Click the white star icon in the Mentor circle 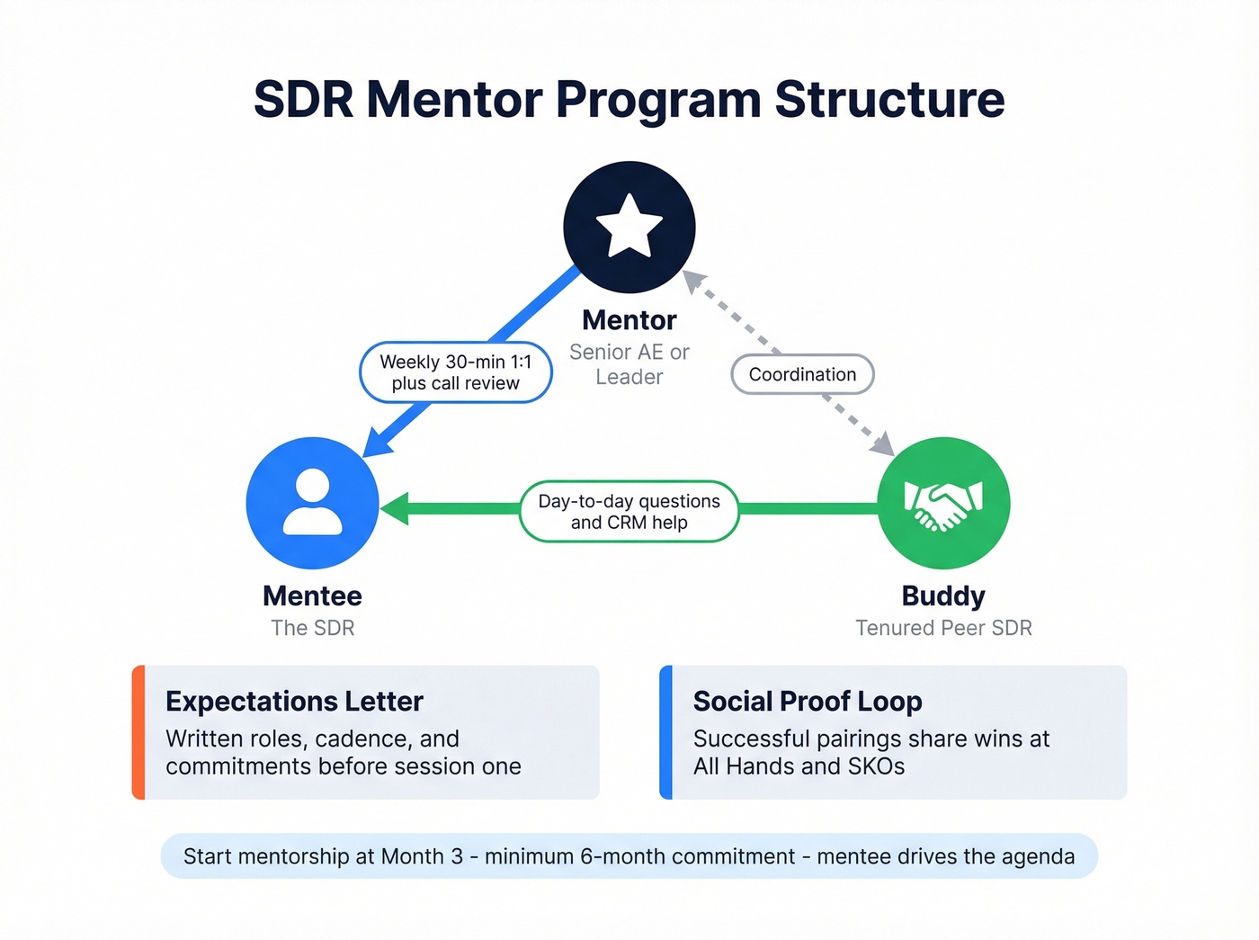click(629, 226)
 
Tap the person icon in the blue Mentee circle click(312, 503)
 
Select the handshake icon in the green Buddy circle click(943, 504)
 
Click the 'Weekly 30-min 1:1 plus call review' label click(455, 372)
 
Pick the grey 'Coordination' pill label click(802, 374)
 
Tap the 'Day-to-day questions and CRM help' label click(629, 512)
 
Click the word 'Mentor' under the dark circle click(629, 320)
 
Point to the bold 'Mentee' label click(312, 595)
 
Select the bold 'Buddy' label click(943, 595)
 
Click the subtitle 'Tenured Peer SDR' click(943, 628)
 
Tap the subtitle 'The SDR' click(312, 628)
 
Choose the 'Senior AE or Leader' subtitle click(629, 364)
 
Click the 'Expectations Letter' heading click(294, 702)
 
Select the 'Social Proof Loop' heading click(808, 702)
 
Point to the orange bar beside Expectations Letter click(138, 732)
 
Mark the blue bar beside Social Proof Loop click(665, 732)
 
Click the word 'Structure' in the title click(889, 99)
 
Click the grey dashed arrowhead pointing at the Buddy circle click(884, 444)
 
